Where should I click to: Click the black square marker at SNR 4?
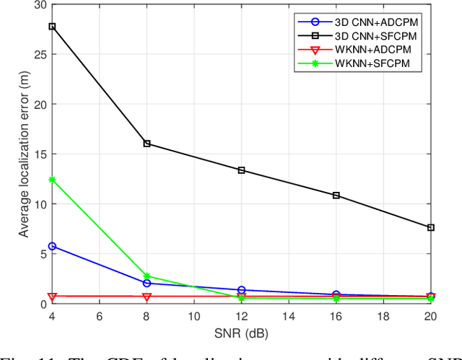[x=52, y=26]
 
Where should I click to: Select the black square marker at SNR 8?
[x=147, y=144]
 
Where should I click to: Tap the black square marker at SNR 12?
[x=241, y=170]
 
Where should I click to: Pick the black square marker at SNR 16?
[x=336, y=196]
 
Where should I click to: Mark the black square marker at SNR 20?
[x=431, y=227]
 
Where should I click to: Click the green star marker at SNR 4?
[x=52, y=180]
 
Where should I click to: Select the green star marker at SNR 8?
[x=147, y=276]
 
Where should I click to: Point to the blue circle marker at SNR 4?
[x=52, y=246]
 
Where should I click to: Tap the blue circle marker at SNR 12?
[x=241, y=290]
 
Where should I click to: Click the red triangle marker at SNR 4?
[x=52, y=297]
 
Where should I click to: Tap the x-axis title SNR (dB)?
[x=242, y=334]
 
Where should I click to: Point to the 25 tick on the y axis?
[x=37, y=54]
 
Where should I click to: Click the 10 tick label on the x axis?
[x=194, y=316]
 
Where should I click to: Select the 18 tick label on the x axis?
[x=383, y=316]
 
